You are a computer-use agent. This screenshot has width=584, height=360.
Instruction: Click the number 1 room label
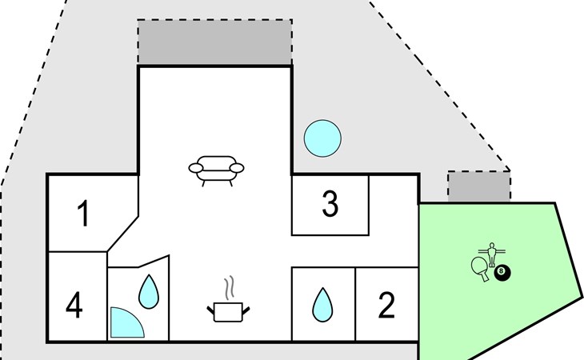pos(83,214)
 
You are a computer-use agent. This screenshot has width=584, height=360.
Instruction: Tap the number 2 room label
pos(387,306)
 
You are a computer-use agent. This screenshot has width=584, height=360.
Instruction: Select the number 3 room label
pos(330,205)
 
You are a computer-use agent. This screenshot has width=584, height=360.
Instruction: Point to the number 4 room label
pos(74,306)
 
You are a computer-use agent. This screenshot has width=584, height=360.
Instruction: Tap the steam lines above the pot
pos(230,286)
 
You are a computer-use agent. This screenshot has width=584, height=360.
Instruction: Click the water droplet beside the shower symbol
pos(150,292)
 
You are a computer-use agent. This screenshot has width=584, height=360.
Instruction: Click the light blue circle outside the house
pos(323,138)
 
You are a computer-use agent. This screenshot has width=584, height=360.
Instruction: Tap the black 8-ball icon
pos(502,274)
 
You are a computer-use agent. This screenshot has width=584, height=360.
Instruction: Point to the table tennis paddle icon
pos(480,267)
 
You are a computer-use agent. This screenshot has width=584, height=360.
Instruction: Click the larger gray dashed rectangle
pos(214,42)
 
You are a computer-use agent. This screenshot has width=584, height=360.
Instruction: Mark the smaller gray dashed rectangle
pos(478,186)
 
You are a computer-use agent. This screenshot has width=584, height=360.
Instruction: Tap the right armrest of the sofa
pos(238,167)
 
